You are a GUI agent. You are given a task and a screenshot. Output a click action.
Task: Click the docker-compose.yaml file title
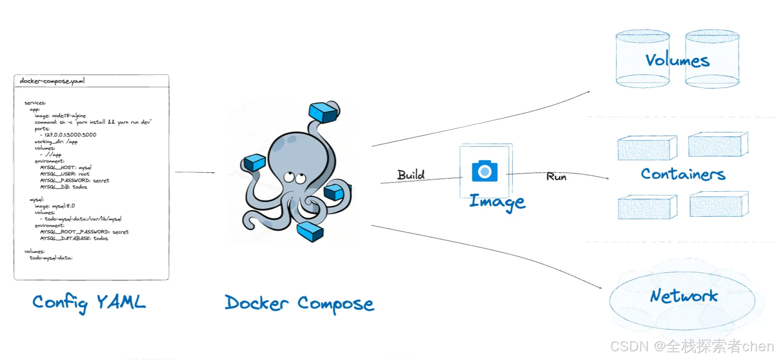(x=52, y=81)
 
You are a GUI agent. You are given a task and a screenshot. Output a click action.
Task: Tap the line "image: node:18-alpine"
(x=60, y=116)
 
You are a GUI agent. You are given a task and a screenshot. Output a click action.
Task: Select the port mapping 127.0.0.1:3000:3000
(x=70, y=135)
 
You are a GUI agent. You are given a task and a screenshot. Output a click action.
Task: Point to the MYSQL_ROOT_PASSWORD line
(x=84, y=232)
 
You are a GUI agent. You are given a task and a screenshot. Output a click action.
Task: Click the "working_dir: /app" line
(x=56, y=142)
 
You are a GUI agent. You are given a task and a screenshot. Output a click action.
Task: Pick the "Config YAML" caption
(x=89, y=303)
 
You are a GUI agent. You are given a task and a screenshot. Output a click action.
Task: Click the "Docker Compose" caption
(x=299, y=303)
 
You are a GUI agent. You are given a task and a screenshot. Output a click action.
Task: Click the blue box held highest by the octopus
(x=324, y=112)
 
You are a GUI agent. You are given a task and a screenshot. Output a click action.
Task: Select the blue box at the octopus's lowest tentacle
(x=310, y=231)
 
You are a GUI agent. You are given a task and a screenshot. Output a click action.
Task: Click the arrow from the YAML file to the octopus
(x=195, y=172)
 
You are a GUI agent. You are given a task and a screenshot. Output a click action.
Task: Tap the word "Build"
(x=411, y=175)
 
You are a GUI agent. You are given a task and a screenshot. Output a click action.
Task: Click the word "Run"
(x=556, y=177)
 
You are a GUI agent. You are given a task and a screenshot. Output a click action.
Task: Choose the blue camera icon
(x=484, y=171)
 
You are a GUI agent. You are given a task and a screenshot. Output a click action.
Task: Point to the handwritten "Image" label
(x=497, y=202)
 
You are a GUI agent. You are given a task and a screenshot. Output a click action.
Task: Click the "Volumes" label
(x=677, y=60)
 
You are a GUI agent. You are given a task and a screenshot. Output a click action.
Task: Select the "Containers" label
(x=683, y=174)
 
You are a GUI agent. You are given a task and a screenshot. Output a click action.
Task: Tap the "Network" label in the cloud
(x=684, y=296)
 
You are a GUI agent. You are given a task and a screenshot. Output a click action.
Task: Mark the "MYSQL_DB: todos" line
(x=64, y=187)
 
